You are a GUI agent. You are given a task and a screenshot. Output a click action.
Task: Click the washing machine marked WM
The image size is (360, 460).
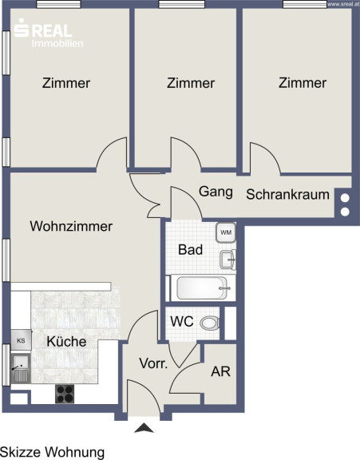[226, 232]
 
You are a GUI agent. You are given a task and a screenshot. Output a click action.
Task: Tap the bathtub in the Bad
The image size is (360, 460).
[202, 287]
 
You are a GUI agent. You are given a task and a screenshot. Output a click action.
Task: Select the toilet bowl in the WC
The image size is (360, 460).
[210, 323]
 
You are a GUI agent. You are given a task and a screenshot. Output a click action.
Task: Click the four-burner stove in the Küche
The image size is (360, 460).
[65, 394]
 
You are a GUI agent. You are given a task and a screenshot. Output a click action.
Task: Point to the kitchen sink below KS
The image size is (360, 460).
[21, 368]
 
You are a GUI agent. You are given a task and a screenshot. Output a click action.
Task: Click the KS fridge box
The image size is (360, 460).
[21, 340]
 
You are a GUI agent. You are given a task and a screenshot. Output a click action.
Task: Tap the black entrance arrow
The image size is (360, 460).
[144, 428]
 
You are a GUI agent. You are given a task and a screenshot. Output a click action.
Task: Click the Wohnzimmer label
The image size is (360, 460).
[71, 226]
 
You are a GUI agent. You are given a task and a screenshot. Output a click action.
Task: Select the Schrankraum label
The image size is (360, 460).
[287, 195]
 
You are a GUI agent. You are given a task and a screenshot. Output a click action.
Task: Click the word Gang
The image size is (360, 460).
[216, 192]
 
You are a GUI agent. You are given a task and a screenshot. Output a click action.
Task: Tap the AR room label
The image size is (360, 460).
[221, 371]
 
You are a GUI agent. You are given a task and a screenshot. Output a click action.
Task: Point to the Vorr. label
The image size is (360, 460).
[153, 363]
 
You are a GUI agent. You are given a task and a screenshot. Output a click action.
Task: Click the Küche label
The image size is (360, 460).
[66, 341]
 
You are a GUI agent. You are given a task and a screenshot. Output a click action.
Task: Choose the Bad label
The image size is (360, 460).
[191, 250]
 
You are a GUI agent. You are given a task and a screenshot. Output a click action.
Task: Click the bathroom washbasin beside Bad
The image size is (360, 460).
[227, 260]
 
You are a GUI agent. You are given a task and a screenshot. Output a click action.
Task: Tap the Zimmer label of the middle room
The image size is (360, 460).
[191, 83]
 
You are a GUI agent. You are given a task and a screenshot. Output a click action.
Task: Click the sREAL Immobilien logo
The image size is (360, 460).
[49, 33]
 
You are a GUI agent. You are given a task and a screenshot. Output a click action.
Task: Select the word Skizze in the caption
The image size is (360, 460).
[19, 452]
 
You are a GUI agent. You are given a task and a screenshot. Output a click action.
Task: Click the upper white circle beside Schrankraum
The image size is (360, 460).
[345, 198]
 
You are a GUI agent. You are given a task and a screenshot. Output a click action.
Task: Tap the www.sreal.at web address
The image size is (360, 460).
[343, 4]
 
